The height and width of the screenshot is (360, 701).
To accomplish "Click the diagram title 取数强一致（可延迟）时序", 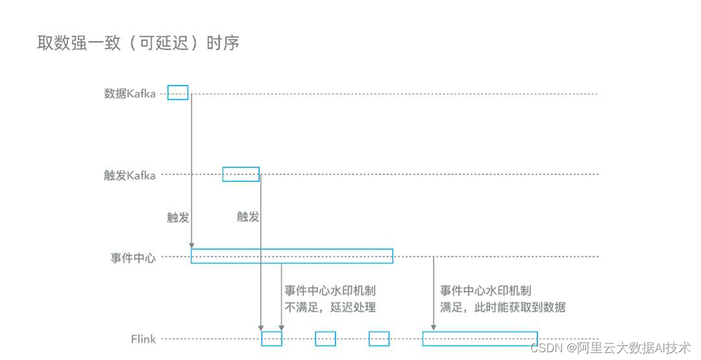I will click(138, 43).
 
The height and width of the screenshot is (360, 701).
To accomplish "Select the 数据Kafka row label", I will click(130, 93).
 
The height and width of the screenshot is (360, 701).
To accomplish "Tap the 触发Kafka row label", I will click(130, 174).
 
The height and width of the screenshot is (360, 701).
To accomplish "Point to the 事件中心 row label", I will click(133, 258).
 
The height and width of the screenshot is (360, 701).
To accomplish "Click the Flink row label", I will click(143, 339).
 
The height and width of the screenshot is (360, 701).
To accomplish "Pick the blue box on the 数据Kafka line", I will click(178, 92).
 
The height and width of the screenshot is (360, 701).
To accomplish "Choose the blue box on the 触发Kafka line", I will click(241, 174).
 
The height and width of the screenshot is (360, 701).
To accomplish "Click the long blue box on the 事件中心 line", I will click(292, 256).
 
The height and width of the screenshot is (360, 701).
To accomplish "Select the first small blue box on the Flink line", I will click(271, 339).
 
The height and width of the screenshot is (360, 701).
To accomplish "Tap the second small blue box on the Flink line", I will click(325, 339).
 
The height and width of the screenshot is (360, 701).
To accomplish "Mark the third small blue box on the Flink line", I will click(379, 339).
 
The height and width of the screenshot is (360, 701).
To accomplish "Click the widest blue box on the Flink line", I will click(480, 339).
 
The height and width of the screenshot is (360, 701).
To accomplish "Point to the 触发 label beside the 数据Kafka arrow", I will click(178, 217).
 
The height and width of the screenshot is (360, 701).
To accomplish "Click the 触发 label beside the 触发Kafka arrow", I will click(248, 217).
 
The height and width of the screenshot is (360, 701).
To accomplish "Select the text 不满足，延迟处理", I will click(330, 307).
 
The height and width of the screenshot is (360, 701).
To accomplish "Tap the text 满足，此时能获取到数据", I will click(502, 307).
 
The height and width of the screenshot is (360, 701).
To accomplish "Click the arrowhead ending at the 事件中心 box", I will click(191, 245).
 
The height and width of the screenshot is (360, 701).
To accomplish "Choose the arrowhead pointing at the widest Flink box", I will click(434, 328).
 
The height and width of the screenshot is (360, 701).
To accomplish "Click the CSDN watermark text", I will click(610, 348).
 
